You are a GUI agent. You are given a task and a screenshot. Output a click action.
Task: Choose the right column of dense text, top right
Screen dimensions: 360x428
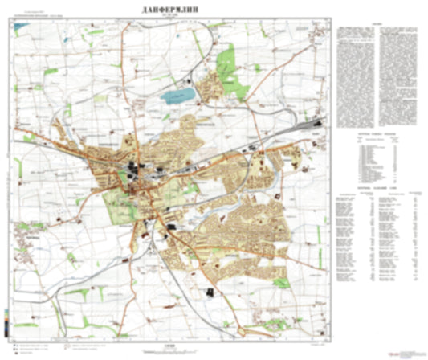click(x=397, y=72)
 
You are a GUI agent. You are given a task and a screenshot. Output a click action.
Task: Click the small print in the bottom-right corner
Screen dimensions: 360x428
click(x=406, y=351)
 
